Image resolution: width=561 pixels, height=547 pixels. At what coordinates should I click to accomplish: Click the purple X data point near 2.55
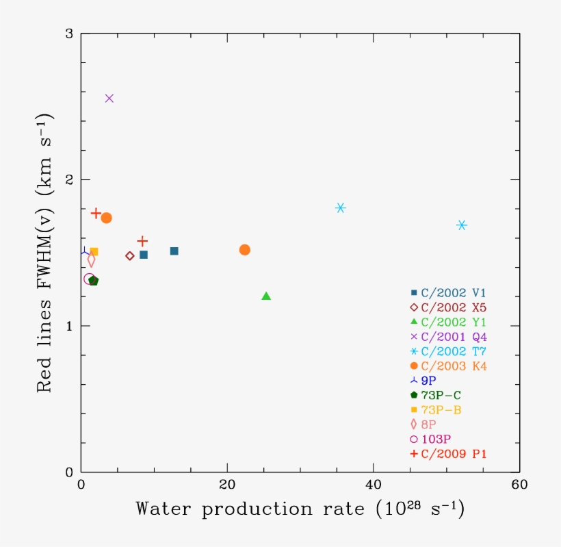(109, 98)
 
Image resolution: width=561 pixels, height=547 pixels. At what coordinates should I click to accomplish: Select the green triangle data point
(267, 296)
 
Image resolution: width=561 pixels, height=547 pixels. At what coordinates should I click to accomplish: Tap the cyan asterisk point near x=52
(462, 225)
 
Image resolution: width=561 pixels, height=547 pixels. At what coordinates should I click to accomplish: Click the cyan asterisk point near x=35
(341, 207)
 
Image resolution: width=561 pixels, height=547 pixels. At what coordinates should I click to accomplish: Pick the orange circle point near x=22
(244, 250)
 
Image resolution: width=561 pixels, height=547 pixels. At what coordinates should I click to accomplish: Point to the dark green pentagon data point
(94, 281)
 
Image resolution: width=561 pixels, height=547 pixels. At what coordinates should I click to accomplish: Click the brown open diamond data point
(130, 256)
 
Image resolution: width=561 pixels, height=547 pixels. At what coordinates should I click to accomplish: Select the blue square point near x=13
(174, 251)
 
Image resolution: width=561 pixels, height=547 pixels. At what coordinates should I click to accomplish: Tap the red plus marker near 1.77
(96, 213)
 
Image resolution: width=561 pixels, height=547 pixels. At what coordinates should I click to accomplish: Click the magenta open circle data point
(89, 279)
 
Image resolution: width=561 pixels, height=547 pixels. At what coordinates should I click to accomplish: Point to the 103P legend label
(436, 439)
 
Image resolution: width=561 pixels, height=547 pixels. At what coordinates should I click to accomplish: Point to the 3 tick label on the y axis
(68, 34)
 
